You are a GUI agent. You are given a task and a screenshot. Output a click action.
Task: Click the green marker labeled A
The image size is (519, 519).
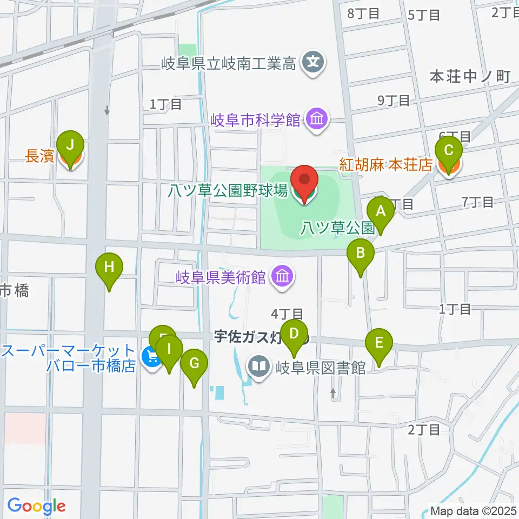(381, 211)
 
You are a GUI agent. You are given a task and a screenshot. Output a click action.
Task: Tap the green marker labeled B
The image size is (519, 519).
(361, 252)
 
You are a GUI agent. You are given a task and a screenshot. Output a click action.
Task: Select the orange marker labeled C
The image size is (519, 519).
(449, 151)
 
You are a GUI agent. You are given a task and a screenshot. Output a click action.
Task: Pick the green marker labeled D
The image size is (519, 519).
(294, 334)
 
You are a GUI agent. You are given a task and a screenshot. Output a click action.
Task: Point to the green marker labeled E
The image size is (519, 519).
(378, 343)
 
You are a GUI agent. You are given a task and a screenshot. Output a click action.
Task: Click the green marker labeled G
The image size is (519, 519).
(194, 363)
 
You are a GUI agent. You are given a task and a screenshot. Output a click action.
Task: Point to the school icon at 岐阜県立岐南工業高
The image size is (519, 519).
(314, 63)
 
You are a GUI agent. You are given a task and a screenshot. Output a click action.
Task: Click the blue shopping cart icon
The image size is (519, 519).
(152, 357)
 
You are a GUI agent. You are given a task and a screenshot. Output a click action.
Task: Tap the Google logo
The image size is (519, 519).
(36, 507)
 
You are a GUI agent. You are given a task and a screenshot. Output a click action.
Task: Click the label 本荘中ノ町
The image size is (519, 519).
(470, 77)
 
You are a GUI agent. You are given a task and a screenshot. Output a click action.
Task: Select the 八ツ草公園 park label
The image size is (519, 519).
(337, 228)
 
